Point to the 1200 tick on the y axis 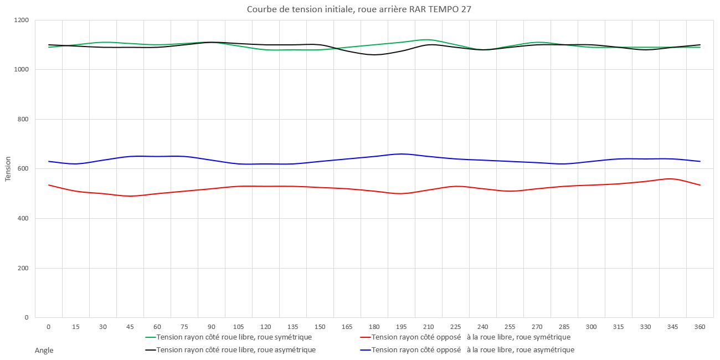(22, 20)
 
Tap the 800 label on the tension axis (24, 120)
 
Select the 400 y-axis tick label (24, 219)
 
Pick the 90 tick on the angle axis (212, 327)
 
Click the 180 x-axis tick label (374, 327)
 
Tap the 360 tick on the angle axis (700, 327)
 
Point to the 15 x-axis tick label (76, 327)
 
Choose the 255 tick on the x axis (510, 327)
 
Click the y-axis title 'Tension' (8, 169)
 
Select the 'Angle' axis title (44, 350)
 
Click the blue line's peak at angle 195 (402, 154)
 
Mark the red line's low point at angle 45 (130, 196)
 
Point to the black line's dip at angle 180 (374, 55)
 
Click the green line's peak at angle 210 (426, 40)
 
